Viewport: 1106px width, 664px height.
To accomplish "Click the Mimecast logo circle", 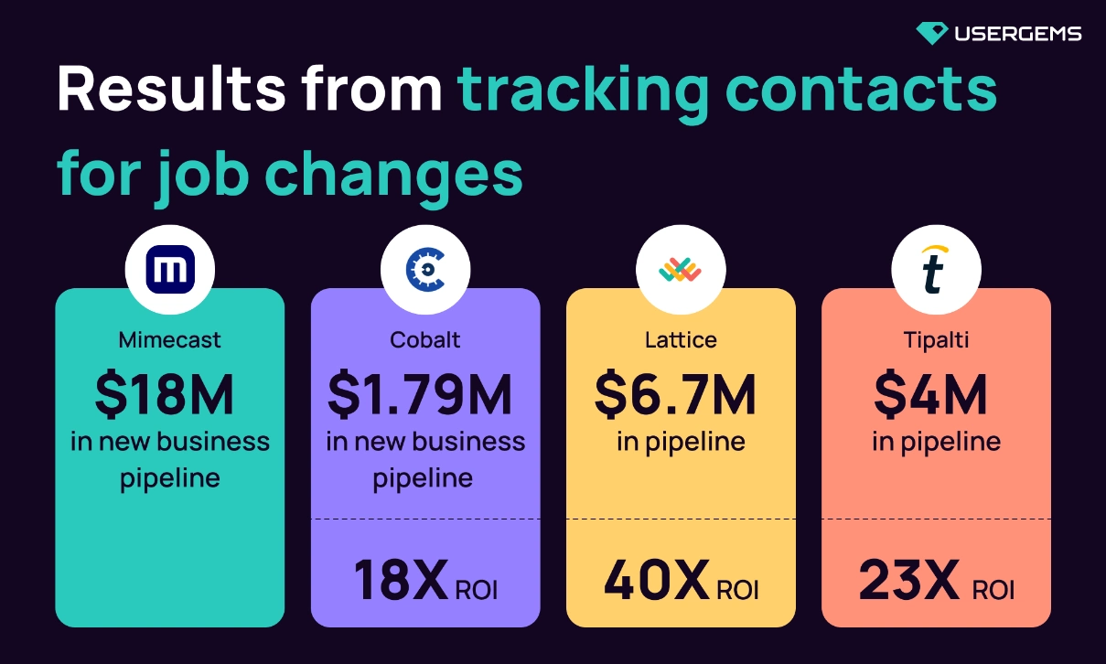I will [x=169, y=270].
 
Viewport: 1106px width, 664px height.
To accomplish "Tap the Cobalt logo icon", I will [x=425, y=270].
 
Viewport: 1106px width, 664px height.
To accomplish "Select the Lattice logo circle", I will [x=681, y=270].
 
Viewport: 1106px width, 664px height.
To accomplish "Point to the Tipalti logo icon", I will [x=936, y=270].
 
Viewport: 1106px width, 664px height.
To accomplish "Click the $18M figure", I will [x=165, y=394].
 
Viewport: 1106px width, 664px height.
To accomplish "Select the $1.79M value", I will [x=420, y=394].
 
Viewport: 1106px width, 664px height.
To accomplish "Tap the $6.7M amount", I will [x=675, y=394].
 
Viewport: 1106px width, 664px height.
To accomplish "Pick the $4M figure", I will [x=930, y=394].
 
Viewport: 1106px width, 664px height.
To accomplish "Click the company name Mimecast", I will [x=169, y=340].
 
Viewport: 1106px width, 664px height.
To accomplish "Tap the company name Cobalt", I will [x=425, y=340].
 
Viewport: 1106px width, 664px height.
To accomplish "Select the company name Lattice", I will [x=681, y=340].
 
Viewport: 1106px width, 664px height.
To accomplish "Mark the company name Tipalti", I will [x=936, y=340].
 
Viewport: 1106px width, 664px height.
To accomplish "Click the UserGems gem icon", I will [x=931, y=34].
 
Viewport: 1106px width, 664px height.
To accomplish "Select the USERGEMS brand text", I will [x=1017, y=34].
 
